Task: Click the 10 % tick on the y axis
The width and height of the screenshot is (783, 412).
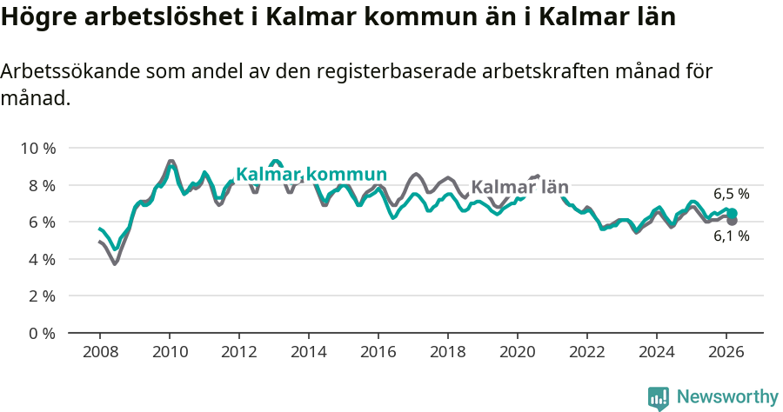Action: [x=37, y=149]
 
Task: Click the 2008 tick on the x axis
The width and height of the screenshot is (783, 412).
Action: [x=100, y=351]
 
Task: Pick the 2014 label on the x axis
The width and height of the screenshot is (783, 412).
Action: [x=309, y=351]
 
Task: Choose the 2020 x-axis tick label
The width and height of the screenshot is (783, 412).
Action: [x=518, y=351]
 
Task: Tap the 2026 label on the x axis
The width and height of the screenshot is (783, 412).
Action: [x=726, y=351]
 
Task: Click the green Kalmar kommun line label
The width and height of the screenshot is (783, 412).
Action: [x=311, y=175]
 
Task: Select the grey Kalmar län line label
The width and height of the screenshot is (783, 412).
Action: [x=519, y=187]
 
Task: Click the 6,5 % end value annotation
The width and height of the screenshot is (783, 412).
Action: [x=732, y=195]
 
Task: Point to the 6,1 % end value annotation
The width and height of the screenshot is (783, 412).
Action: [x=732, y=236]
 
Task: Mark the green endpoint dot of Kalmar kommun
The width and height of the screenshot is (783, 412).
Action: [x=732, y=213]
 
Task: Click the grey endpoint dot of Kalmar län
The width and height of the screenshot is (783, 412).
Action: [x=732, y=221]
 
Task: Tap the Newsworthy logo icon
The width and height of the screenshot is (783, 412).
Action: [x=659, y=397]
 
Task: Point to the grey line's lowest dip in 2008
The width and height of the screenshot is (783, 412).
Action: [x=115, y=262]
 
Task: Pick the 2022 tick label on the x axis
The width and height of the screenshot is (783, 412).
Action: [x=587, y=351]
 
